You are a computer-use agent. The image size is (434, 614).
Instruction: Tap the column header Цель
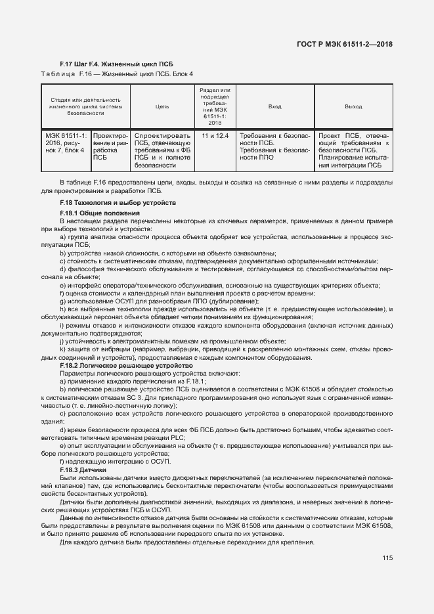[162, 106]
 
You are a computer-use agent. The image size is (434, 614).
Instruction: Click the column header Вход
[274, 106]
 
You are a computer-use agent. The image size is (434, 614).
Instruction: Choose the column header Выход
[353, 106]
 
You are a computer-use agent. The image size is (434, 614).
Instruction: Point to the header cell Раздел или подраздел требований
[215, 106]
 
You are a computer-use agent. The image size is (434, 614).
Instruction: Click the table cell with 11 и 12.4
[215, 135]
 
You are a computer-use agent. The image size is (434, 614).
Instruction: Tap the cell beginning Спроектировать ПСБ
[162, 150]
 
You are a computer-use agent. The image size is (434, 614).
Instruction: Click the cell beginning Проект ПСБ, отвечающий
[353, 150]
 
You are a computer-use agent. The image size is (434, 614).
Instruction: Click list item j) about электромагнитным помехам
[172, 341]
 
